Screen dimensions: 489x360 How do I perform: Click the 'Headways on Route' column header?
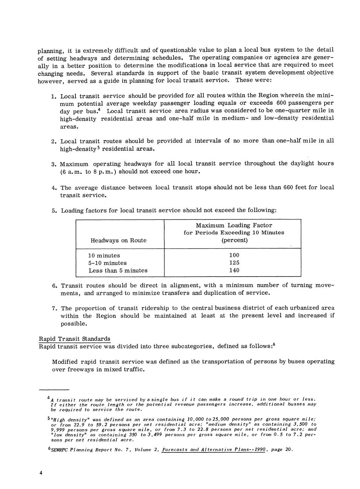[118, 240]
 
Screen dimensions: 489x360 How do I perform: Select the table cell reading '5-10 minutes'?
[107, 263]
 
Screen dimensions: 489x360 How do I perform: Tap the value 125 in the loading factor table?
[234, 263]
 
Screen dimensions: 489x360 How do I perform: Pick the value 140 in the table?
[234, 270]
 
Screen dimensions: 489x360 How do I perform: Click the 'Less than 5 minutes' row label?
[118, 271]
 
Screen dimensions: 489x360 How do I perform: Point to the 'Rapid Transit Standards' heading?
[74, 339]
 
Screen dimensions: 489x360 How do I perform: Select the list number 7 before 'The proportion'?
[53, 309]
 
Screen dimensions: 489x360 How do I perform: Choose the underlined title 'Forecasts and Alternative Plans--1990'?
[213, 450]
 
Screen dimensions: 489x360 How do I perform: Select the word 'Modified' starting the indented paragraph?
[65, 362]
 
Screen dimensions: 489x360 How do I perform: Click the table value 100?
[234, 255]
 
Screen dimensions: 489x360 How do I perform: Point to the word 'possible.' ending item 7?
[74, 323]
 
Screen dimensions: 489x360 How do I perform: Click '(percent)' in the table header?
[234, 240]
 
